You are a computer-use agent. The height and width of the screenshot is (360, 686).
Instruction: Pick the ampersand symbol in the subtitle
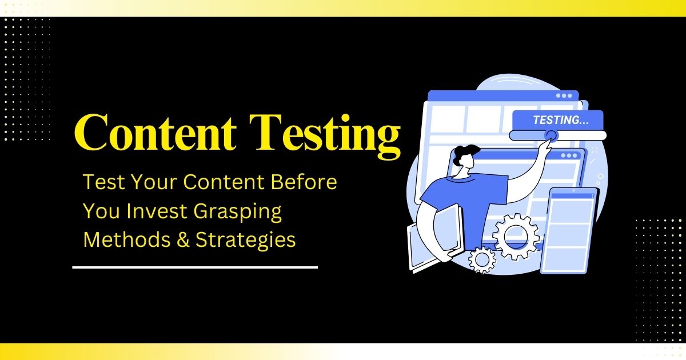click(x=175, y=240)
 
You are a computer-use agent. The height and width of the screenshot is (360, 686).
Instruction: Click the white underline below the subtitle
click(x=194, y=267)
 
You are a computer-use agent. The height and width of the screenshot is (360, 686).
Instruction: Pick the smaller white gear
click(x=482, y=260)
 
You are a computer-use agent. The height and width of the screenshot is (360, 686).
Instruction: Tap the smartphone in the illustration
click(x=572, y=229)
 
